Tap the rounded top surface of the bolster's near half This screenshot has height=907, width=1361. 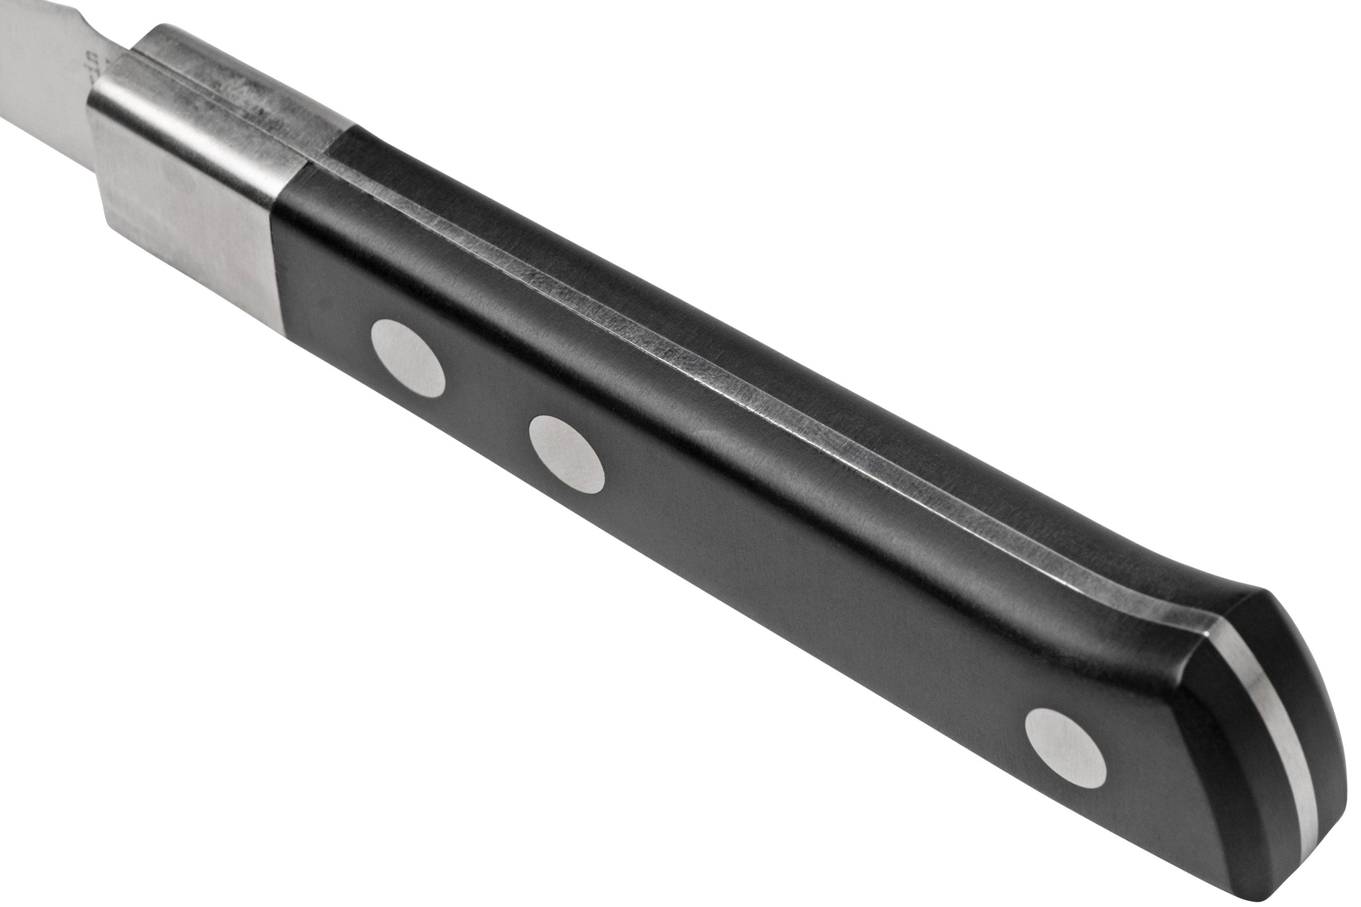tap(191, 116)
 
